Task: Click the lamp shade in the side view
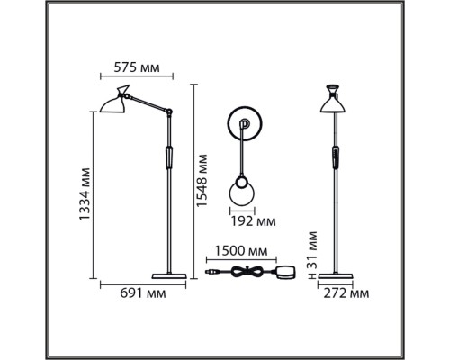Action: (112, 103)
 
